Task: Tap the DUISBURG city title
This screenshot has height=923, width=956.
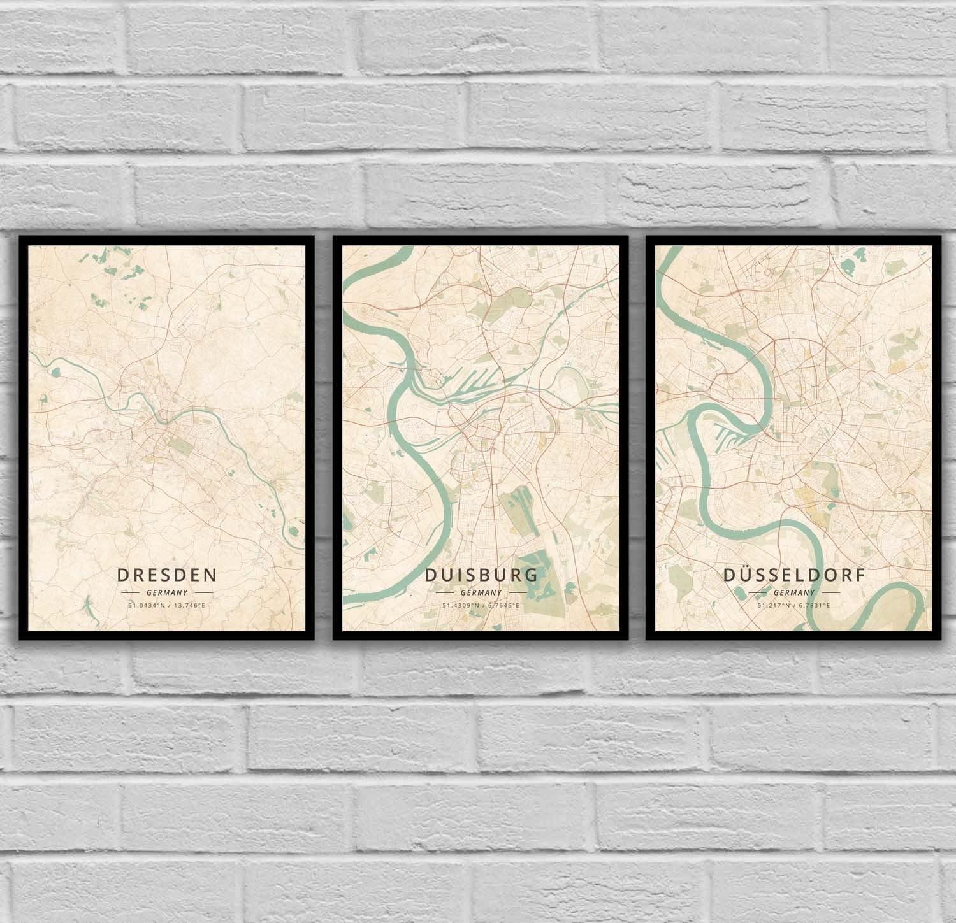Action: pos(481,575)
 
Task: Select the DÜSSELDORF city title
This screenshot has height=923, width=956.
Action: pos(793,575)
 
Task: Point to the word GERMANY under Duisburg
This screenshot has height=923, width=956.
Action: pos(481,592)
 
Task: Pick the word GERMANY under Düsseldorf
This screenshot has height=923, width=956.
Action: pos(793,592)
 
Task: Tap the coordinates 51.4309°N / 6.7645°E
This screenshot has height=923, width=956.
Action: pos(481,605)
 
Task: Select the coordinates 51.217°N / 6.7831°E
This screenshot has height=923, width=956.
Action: pos(793,605)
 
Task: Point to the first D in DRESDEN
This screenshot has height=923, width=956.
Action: pos(123,575)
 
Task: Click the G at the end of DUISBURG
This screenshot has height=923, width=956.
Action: pos(531,575)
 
